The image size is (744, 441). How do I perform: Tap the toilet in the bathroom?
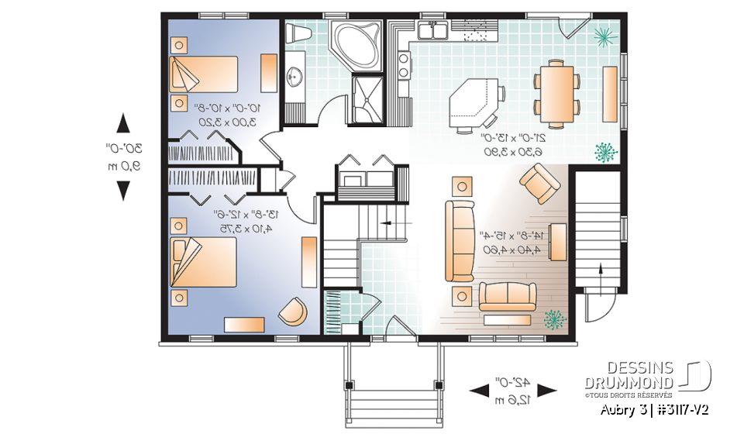point(298,34)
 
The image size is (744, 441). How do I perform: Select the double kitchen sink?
point(431,31)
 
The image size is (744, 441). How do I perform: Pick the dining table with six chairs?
point(556,92)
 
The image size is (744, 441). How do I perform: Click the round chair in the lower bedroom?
point(292,311)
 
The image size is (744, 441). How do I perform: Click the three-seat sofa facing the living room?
point(459,240)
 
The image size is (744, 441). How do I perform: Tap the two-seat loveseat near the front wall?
point(507,296)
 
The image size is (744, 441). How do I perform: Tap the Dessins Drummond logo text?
point(629,375)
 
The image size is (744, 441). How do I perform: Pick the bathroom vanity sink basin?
point(294,77)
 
